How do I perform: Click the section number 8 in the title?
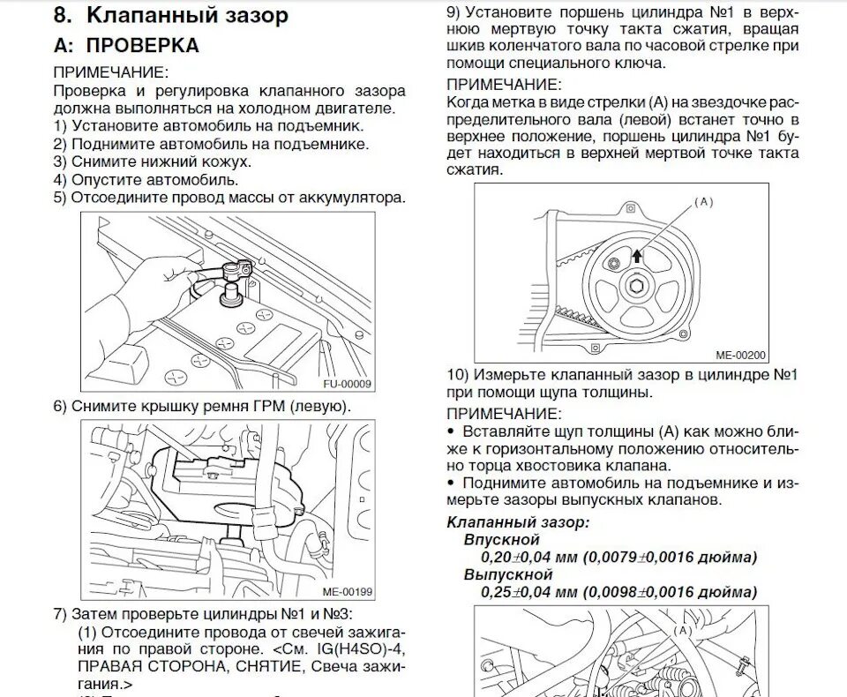pyautogui.click(x=60, y=15)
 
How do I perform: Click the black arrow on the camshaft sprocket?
pyautogui.click(x=637, y=257)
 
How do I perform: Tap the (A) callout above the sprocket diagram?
pyautogui.click(x=702, y=202)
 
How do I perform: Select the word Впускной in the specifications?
pyautogui.click(x=500, y=539)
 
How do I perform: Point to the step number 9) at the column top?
pyautogui.click(x=453, y=13)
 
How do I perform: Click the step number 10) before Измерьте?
pyautogui.click(x=458, y=375)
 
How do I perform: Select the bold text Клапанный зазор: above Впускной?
pyautogui.click(x=518, y=522)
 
